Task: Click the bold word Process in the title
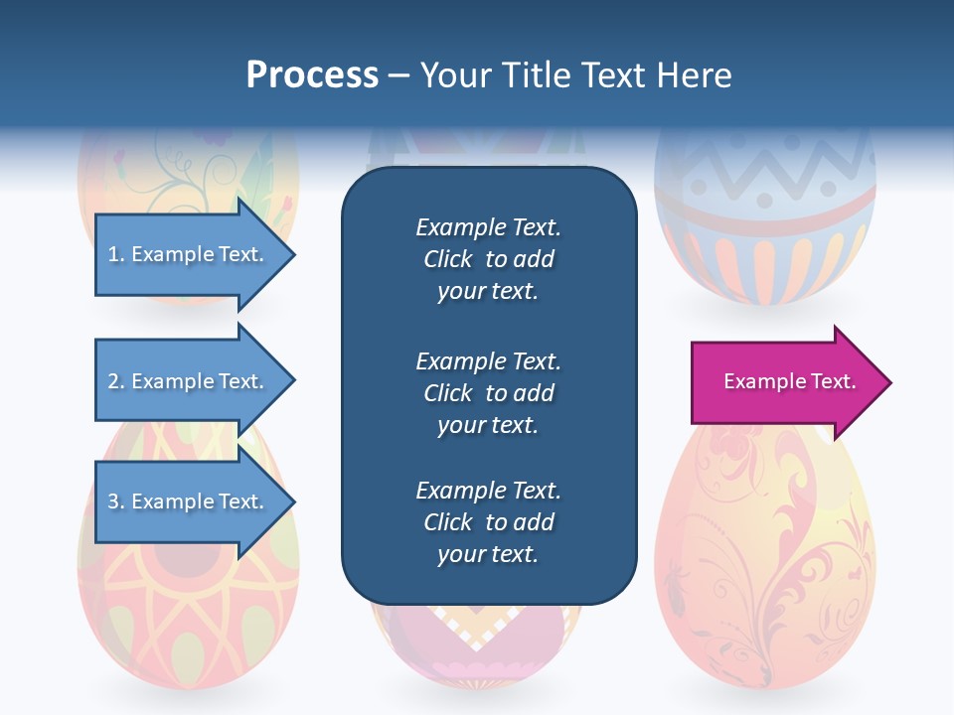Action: [x=312, y=75]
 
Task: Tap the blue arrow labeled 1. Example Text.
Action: [x=184, y=255]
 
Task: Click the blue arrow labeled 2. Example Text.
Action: [x=184, y=381]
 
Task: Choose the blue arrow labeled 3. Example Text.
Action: [x=184, y=502]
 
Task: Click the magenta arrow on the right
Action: [x=785, y=382]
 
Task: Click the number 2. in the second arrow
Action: [x=116, y=381]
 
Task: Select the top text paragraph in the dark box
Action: [x=488, y=259]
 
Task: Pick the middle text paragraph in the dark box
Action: [x=488, y=393]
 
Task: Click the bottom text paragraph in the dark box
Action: [x=488, y=522]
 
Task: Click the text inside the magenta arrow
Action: [x=789, y=381]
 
